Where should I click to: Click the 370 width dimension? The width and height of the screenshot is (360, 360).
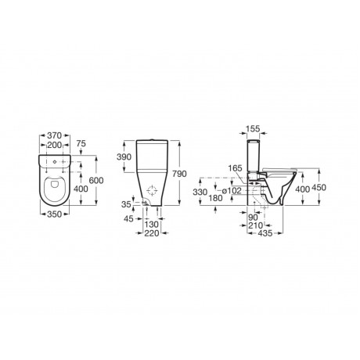pyautogui.click(x=55, y=135)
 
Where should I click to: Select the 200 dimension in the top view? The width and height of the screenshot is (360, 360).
pyautogui.click(x=55, y=145)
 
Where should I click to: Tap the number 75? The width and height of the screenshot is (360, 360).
pyautogui.click(x=81, y=144)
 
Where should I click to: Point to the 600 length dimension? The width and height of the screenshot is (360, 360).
pyautogui.click(x=96, y=180)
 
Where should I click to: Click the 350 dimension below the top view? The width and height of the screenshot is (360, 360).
pyautogui.click(x=55, y=214)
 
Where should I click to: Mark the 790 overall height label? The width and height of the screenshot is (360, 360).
pyautogui.click(x=179, y=174)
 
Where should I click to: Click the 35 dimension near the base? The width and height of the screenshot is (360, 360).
pyautogui.click(x=126, y=204)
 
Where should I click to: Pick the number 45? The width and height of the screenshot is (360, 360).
pyautogui.click(x=128, y=219)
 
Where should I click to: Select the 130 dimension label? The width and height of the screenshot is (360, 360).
pyautogui.click(x=151, y=225)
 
